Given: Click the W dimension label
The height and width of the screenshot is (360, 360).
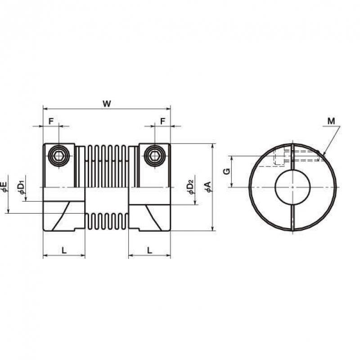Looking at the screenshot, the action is (x=107, y=104).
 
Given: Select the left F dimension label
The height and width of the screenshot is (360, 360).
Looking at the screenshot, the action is (x=51, y=121).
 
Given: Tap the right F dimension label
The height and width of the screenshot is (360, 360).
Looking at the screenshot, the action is (x=162, y=121).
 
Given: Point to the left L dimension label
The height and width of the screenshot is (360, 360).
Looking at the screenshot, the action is (x=64, y=250).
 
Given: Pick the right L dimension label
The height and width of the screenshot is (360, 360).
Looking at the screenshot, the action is (x=149, y=250).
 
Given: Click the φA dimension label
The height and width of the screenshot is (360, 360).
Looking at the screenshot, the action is (x=208, y=187).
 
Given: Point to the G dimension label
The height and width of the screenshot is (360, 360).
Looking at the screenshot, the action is (x=227, y=171).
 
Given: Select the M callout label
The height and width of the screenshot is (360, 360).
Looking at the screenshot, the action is (x=331, y=121).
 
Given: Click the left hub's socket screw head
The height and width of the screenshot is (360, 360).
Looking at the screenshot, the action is (x=59, y=156).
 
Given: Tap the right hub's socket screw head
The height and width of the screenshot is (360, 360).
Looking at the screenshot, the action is (x=155, y=156).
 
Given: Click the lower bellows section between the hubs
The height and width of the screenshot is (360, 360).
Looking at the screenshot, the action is (x=107, y=221).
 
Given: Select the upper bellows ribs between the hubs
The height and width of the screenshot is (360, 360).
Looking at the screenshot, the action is (x=107, y=166).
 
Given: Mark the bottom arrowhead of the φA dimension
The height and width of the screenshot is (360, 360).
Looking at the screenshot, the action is (x=213, y=228).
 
